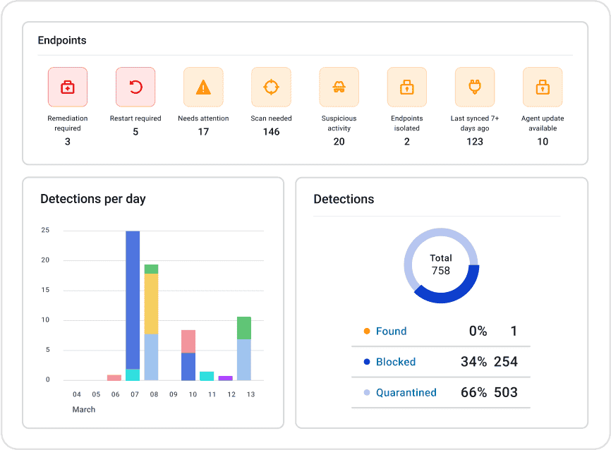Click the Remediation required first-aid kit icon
(68, 87)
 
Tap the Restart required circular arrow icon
(135, 87)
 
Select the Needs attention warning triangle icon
(203, 87)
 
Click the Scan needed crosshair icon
(271, 87)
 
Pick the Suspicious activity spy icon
(339, 87)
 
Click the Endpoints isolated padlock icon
(406, 87)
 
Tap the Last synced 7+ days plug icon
(474, 87)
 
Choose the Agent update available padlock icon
(542, 87)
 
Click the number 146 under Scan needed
(271, 132)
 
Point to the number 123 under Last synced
(475, 142)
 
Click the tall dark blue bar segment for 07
(133, 300)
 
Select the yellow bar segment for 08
(151, 303)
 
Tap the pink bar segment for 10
(188, 341)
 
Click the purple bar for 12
(225, 378)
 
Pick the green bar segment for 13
(243, 328)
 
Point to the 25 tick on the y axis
(45, 230)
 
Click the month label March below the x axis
(84, 410)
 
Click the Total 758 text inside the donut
(441, 264)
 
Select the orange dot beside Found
(366, 332)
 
